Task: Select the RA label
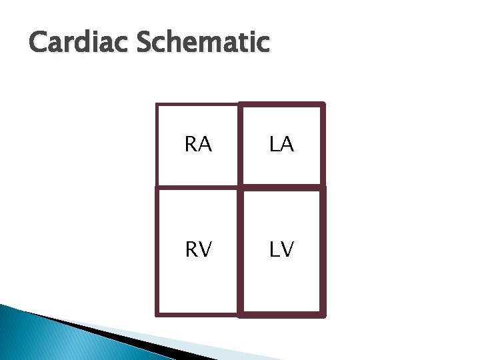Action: (x=198, y=145)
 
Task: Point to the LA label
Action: (x=282, y=145)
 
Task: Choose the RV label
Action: (x=198, y=249)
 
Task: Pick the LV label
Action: (x=282, y=249)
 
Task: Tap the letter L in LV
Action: (x=275, y=249)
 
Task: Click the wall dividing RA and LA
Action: (x=239, y=145)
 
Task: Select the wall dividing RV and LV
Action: (x=239, y=249)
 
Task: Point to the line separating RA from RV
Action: (x=198, y=186)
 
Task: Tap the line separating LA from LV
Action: (x=282, y=186)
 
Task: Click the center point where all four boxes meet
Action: (x=239, y=186)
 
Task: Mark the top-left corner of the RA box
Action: (x=157, y=105)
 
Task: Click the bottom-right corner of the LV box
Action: (x=323, y=313)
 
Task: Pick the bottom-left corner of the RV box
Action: (x=157, y=313)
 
